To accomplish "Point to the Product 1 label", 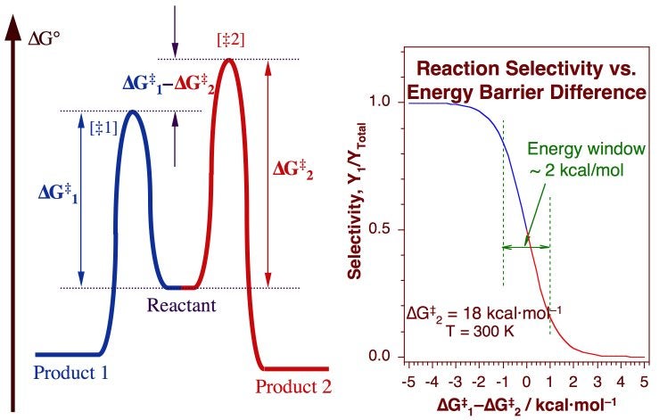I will coord(71,373).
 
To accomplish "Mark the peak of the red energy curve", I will coord(229,61).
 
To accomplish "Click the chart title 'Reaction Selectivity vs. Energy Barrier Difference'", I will coord(531,79).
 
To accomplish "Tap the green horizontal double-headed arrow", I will coord(526,247).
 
